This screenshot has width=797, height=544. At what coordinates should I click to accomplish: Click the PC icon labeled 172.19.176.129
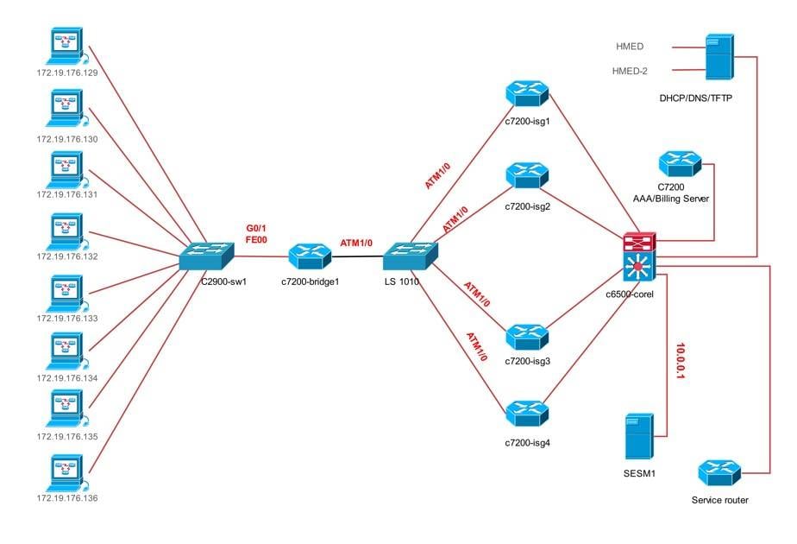pyautogui.click(x=66, y=47)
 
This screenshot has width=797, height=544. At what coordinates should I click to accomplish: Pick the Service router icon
pyautogui.click(x=719, y=473)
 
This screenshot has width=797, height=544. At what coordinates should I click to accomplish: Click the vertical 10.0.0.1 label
pyautogui.click(x=681, y=363)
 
